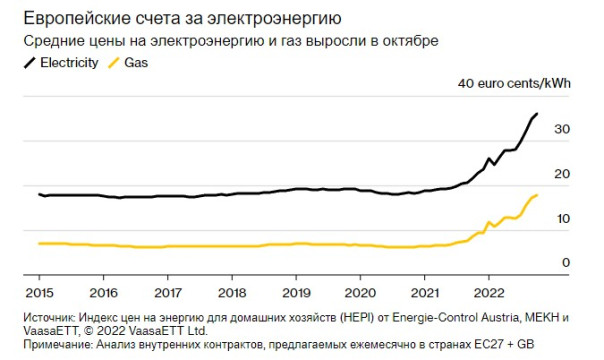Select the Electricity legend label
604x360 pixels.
click(69, 63)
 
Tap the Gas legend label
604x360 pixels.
click(138, 63)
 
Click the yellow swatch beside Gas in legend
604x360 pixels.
click(113, 63)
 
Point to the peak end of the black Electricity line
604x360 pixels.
click(537, 114)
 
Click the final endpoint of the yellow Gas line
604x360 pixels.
click(538, 195)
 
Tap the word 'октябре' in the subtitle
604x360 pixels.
click(414, 41)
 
